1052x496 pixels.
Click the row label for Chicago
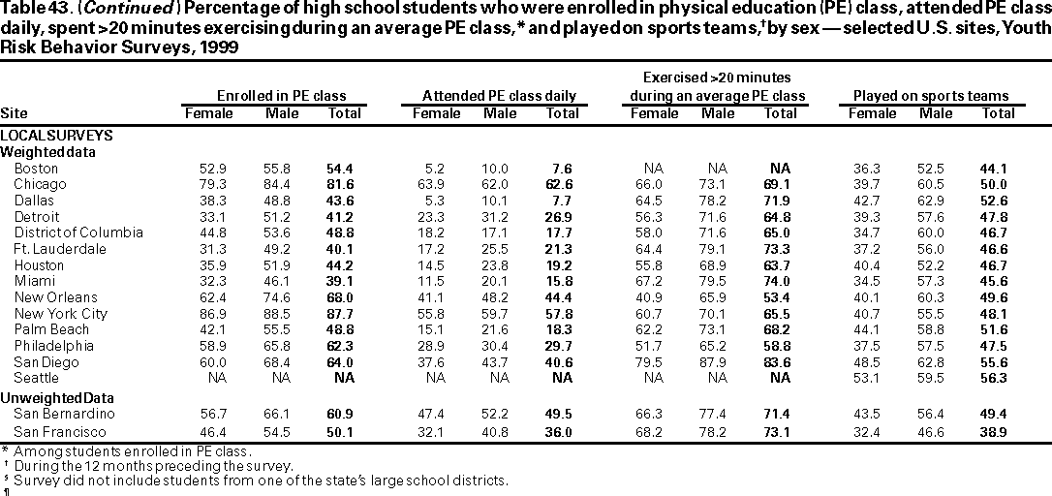click(x=40, y=183)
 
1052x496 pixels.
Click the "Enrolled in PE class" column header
click(x=280, y=96)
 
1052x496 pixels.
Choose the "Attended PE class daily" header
click(x=499, y=96)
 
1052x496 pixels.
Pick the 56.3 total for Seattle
click(x=998, y=378)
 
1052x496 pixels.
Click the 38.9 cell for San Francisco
click(x=998, y=431)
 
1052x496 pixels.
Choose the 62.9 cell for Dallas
click(x=936, y=200)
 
